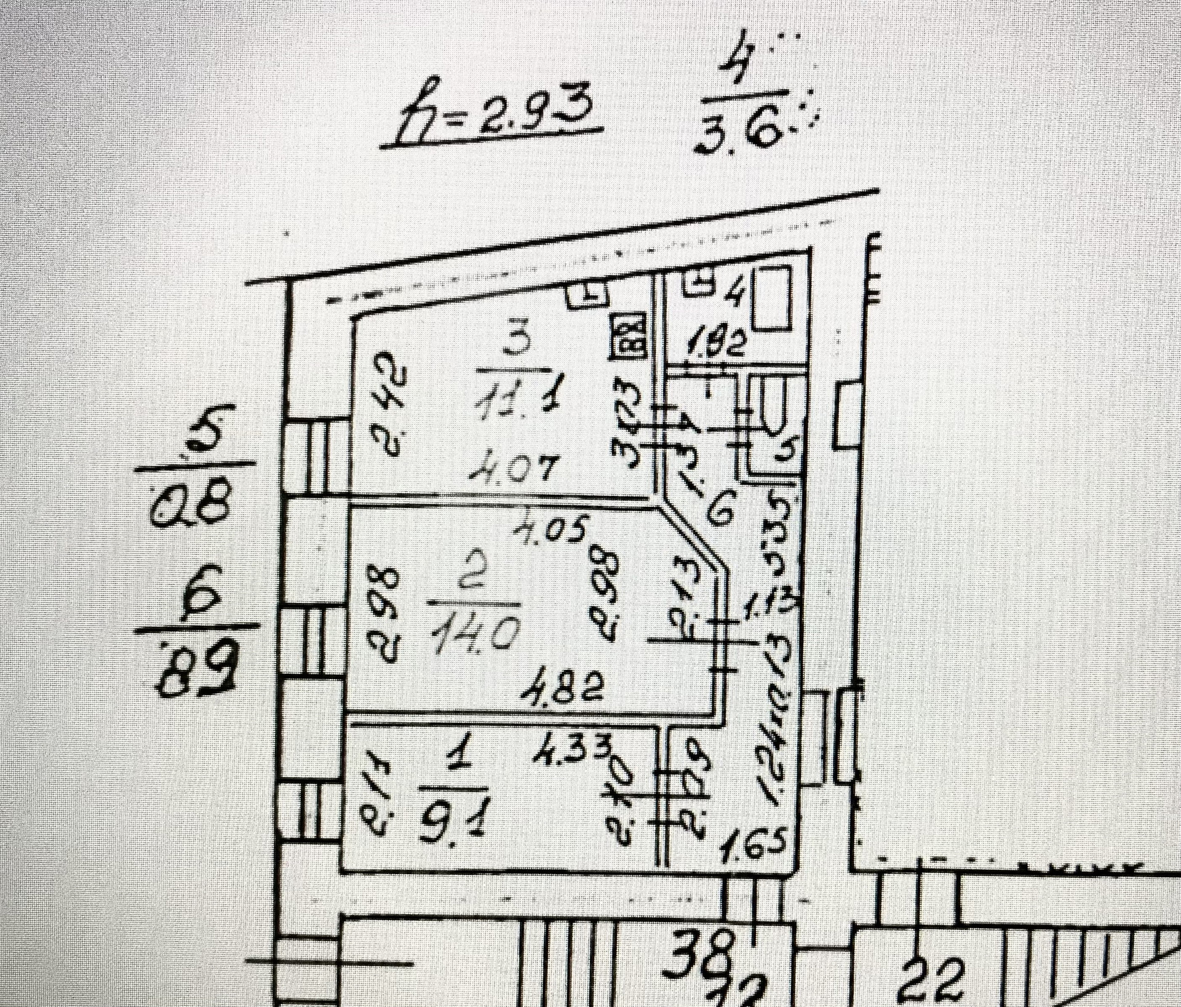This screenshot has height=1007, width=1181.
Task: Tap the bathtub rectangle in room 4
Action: coord(773,299)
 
